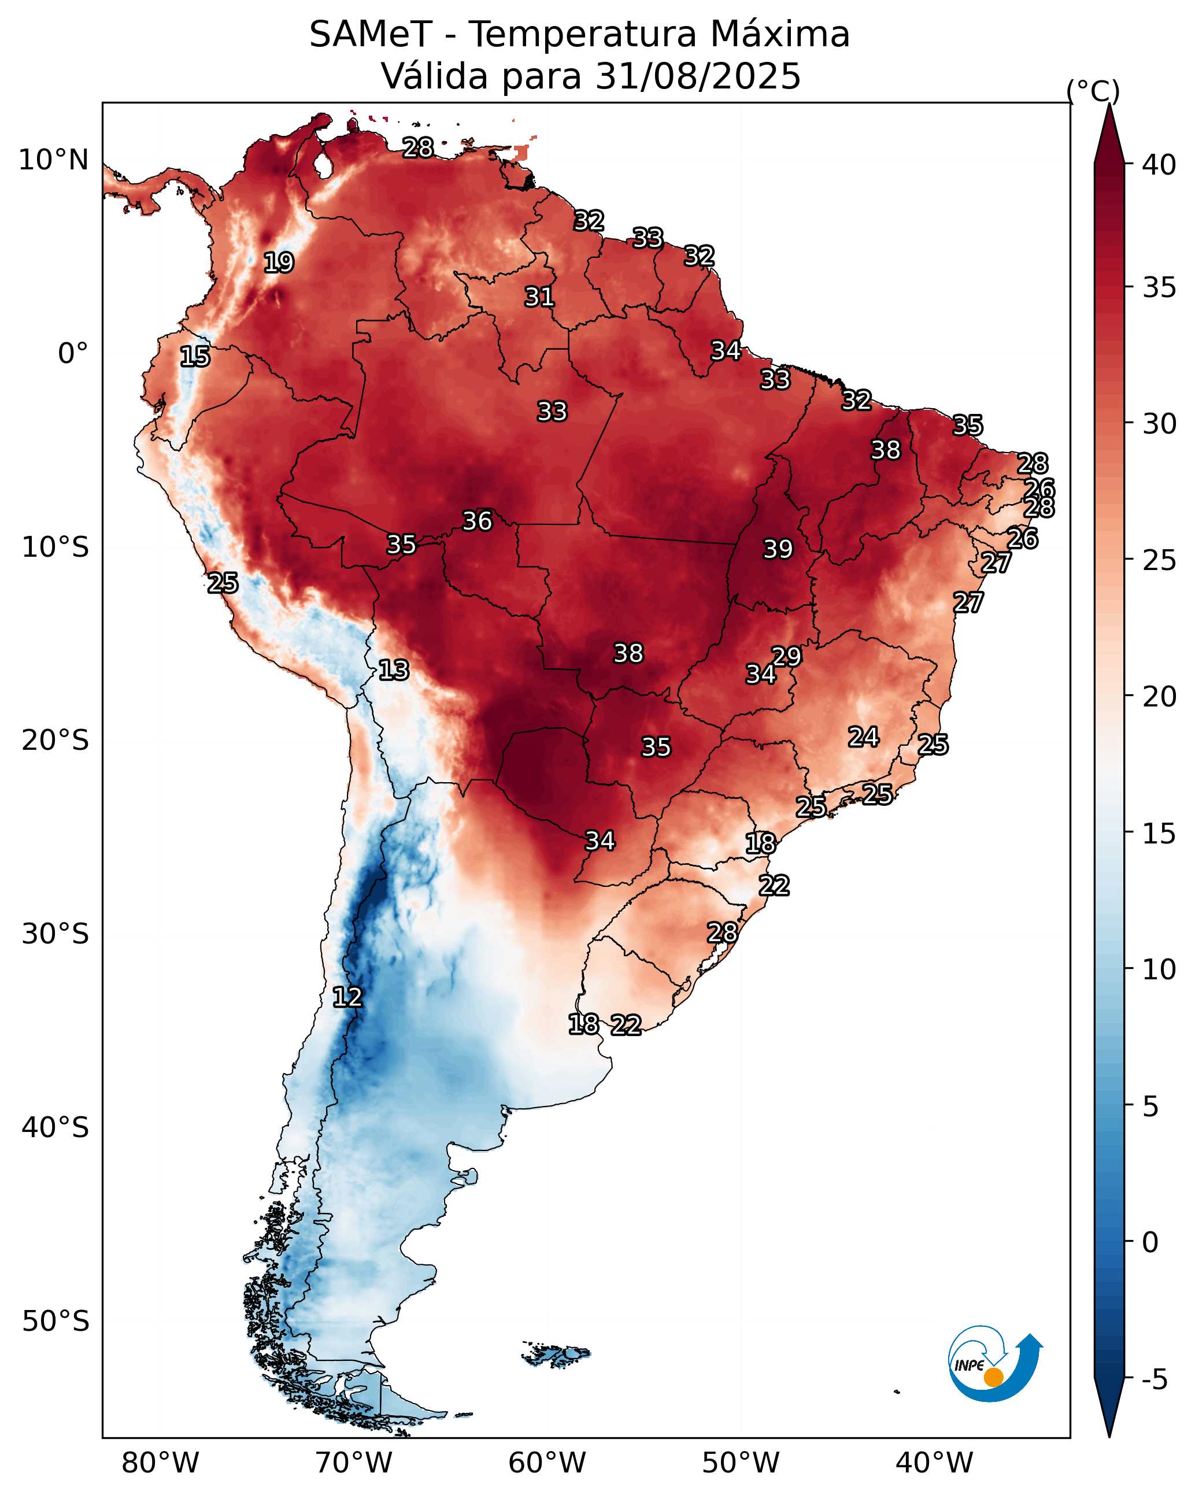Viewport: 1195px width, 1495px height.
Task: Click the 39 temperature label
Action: coord(778,549)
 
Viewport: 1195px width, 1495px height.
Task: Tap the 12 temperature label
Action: coord(347,997)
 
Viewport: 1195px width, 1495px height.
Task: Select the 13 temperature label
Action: coord(393,670)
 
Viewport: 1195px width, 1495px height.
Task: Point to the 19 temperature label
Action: coord(279,263)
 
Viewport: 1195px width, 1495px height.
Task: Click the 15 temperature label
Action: coord(195,357)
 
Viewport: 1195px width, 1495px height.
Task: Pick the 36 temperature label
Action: coord(477,521)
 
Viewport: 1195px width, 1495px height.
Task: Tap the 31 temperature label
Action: coord(539,297)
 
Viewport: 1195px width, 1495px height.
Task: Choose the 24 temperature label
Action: coord(864,737)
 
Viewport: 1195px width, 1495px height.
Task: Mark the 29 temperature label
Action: coord(786,656)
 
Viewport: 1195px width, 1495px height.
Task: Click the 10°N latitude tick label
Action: coord(53,160)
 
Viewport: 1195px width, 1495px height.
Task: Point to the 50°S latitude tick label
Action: coord(56,1322)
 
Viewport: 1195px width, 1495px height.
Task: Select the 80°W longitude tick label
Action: coord(160,1463)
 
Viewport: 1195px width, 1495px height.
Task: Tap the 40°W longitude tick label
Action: coord(934,1463)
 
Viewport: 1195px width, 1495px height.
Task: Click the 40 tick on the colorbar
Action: coord(1159,165)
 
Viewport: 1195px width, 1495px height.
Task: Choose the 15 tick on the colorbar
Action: coord(1159,834)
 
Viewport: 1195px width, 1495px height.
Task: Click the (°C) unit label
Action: coord(1093,91)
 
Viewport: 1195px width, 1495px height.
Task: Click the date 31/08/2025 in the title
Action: coord(698,76)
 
